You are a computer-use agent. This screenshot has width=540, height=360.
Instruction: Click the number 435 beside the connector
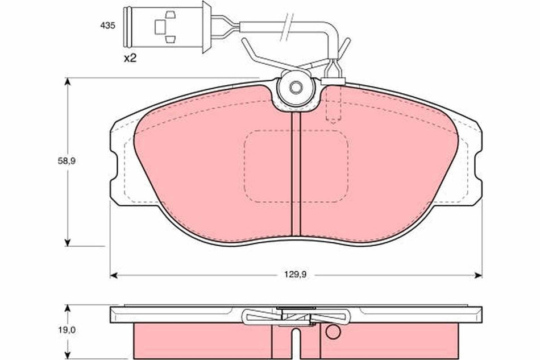point(108,26)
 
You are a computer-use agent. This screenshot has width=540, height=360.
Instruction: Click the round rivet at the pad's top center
point(296,88)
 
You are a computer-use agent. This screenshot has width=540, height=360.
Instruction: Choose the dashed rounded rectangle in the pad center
point(296,165)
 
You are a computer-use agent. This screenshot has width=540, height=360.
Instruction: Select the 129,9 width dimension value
point(296,275)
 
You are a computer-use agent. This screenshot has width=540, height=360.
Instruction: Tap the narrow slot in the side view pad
point(296,341)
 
